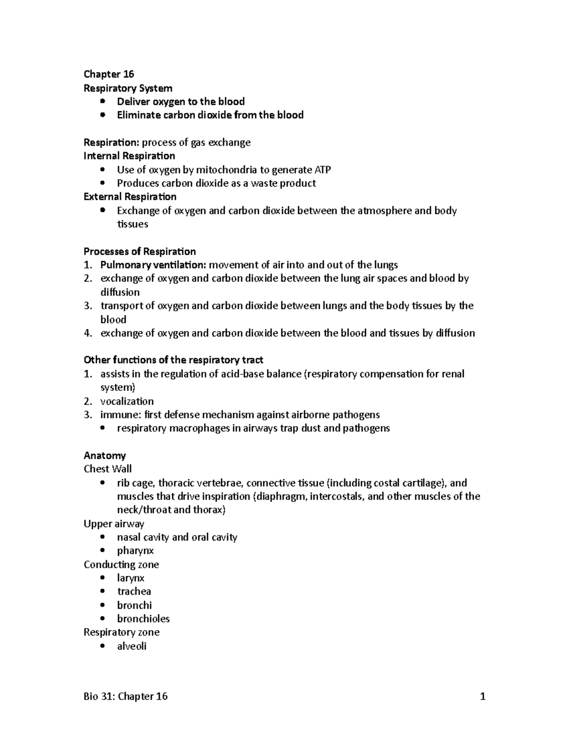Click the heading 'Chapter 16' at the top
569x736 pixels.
109,74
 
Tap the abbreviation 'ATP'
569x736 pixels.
322,170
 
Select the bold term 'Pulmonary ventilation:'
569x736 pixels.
153,265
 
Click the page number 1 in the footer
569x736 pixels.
483,696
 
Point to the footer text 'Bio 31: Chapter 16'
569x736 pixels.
126,696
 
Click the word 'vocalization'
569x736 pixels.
127,401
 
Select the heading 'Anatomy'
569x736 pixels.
105,455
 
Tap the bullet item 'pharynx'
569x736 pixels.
135,551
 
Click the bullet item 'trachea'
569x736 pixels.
134,591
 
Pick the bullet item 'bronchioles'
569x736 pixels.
143,618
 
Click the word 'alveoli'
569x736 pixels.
131,646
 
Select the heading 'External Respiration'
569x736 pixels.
130,197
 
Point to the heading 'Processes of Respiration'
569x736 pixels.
139,251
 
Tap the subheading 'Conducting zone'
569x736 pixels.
121,564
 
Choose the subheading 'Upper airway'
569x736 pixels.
114,524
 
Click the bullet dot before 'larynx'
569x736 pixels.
102,578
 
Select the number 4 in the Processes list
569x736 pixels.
87,333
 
